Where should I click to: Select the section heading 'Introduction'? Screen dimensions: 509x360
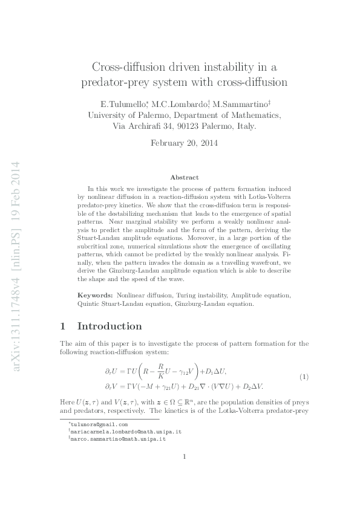tap(110, 326)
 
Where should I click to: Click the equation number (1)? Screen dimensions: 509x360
tap(304, 378)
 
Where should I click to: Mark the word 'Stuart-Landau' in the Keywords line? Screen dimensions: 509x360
tap(117, 304)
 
